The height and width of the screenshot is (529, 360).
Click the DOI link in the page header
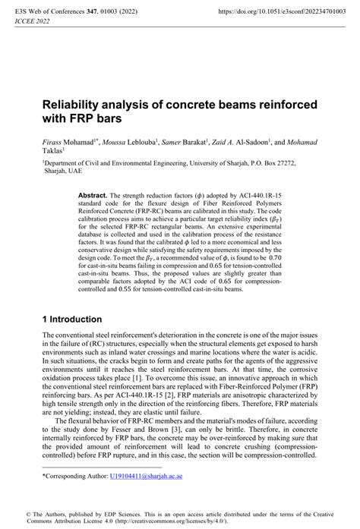pyautogui.click(x=275, y=13)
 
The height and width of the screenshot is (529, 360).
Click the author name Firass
pyautogui.click(x=56, y=143)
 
